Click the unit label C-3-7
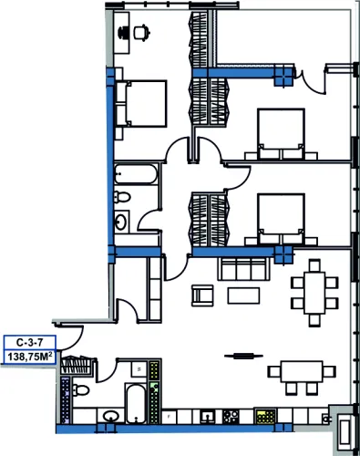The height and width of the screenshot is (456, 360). (29, 343)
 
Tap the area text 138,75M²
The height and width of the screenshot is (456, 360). (30, 357)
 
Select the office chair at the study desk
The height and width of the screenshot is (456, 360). (142, 32)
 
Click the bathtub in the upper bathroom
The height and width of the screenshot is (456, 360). (136, 174)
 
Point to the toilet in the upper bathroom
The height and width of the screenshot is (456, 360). (122, 197)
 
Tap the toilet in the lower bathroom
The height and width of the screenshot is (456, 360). (80, 389)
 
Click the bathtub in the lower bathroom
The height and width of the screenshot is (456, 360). (137, 403)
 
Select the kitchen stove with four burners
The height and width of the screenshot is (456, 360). (231, 417)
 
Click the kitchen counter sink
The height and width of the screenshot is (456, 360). (208, 417)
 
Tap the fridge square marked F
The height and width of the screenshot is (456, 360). (170, 417)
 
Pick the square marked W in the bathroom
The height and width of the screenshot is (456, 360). (139, 369)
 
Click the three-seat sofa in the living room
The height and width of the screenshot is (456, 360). (243, 269)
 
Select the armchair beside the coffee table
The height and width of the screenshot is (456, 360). (202, 295)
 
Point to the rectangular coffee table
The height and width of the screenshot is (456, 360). (243, 295)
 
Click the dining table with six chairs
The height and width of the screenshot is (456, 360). (314, 293)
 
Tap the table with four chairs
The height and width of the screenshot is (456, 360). (302, 378)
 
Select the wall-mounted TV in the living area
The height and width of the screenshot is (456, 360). (243, 356)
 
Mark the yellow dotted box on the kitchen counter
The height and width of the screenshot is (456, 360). (265, 417)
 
